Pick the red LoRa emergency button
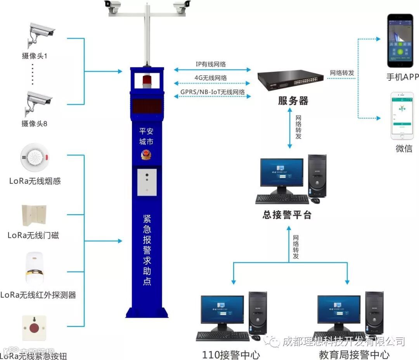(34, 327)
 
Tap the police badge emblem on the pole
(147, 155)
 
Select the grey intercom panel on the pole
(147, 182)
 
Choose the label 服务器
(293, 101)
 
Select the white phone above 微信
(402, 116)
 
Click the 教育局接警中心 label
(354, 354)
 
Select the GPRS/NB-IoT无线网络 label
(213, 92)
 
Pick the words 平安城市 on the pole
(147, 136)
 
